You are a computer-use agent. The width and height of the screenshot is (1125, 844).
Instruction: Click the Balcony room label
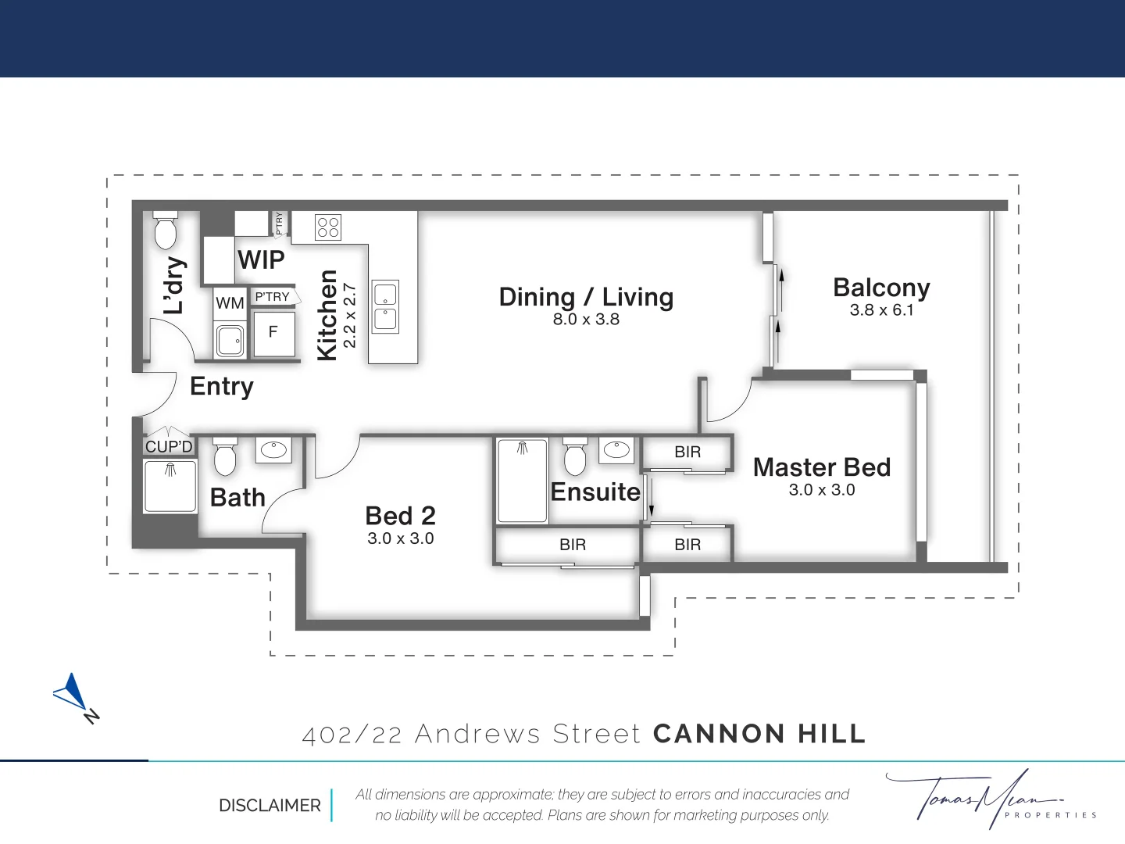pyautogui.click(x=881, y=288)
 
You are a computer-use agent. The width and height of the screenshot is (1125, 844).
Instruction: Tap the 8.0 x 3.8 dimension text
pyautogui.click(x=586, y=319)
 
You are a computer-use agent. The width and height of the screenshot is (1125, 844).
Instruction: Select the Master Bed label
pyautogui.click(x=822, y=467)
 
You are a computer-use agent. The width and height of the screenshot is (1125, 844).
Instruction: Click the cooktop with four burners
pyautogui.click(x=328, y=227)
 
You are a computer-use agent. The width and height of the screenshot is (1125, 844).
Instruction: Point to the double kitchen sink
pyautogui.click(x=385, y=307)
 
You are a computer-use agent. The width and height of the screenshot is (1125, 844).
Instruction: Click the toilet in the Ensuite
pyautogui.click(x=575, y=458)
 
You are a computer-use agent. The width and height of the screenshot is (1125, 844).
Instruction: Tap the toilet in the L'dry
pyautogui.click(x=166, y=230)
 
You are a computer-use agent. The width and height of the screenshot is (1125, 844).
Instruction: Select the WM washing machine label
pyautogui.click(x=230, y=303)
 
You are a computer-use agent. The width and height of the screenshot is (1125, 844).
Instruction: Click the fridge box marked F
pyautogui.click(x=273, y=333)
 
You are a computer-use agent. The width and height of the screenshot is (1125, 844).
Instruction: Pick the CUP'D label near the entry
pyautogui.click(x=169, y=447)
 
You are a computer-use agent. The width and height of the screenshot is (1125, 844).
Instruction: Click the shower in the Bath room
pyautogui.click(x=170, y=486)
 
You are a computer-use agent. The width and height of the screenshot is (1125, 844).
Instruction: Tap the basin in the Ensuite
pyautogui.click(x=616, y=450)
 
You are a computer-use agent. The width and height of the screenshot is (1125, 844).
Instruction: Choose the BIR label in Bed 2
pyautogui.click(x=573, y=545)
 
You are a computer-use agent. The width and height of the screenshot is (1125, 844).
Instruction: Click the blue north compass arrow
pyautogui.click(x=73, y=693)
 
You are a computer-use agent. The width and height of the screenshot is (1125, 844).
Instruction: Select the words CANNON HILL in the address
pyautogui.click(x=759, y=734)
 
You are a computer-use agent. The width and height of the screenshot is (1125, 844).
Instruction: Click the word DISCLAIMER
pyautogui.click(x=270, y=805)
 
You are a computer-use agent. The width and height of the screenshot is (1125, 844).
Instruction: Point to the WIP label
pyautogui.click(x=261, y=259)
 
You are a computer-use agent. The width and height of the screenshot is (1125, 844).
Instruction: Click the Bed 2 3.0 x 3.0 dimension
pyautogui.click(x=401, y=538)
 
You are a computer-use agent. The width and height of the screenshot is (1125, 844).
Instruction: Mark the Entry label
pyautogui.click(x=222, y=387)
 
